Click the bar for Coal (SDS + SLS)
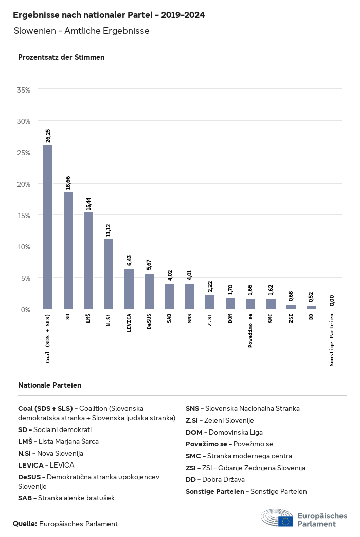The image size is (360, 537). click(48, 227)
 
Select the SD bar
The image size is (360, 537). click(68, 250)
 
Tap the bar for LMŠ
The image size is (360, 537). click(88, 261)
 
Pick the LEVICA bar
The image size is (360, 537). click(129, 289)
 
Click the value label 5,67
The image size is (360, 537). click(149, 264)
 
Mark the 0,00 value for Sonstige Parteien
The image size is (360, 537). click(332, 300)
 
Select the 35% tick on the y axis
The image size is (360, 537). click(24, 90)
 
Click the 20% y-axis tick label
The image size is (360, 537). click(24, 184)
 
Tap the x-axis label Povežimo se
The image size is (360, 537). click(250, 330)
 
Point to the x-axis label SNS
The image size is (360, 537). click(190, 318)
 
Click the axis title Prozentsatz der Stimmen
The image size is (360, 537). click(61, 57)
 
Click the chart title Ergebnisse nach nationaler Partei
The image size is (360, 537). click(109, 15)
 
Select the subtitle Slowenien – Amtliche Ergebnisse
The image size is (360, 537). click(82, 31)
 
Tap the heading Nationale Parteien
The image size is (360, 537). click(49, 385)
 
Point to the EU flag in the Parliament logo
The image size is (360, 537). click(286, 521)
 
